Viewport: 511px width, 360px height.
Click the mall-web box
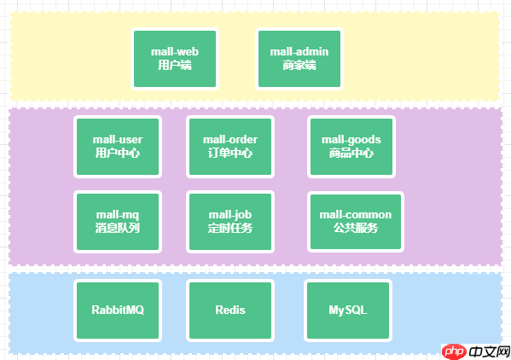(x=175, y=58)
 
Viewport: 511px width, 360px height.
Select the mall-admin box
(x=299, y=58)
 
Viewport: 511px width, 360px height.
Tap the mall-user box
(x=118, y=146)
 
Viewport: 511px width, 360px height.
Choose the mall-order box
(x=230, y=146)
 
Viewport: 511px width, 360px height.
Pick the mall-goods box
(x=351, y=146)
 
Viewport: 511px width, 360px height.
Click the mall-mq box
(x=118, y=221)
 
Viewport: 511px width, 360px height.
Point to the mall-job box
(x=230, y=221)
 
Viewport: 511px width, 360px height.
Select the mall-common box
(x=355, y=221)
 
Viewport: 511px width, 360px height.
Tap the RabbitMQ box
(x=118, y=310)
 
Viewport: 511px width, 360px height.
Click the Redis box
(x=230, y=310)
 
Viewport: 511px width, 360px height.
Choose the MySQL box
(x=347, y=310)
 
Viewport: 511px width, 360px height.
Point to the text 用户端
(x=175, y=65)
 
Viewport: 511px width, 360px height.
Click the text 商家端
(x=299, y=65)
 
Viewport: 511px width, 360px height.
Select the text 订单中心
(x=230, y=154)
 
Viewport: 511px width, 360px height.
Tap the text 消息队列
(x=118, y=229)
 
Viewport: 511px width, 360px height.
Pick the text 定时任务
(x=230, y=229)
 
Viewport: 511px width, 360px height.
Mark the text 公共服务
(x=355, y=229)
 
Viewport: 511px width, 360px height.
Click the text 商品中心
(x=351, y=154)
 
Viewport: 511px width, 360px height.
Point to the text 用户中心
(x=118, y=154)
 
